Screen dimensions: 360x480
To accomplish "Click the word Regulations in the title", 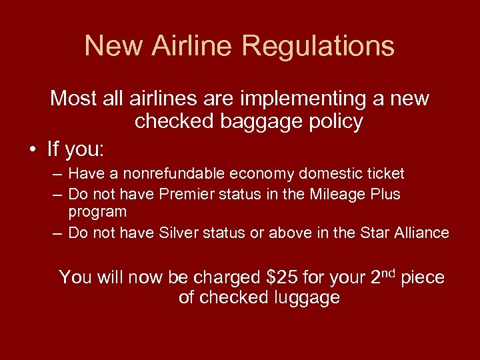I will click(x=318, y=46).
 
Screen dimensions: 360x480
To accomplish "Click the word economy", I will click(x=264, y=174).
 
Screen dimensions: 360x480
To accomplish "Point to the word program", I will click(x=97, y=212).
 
